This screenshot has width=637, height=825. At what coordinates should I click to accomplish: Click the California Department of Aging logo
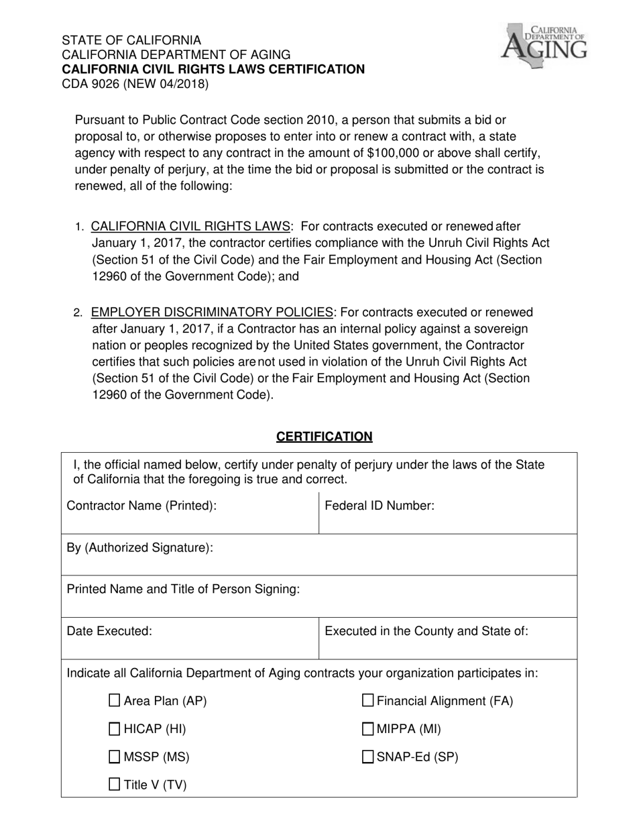[544, 44]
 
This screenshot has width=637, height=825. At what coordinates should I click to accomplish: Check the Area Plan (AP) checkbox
[115, 701]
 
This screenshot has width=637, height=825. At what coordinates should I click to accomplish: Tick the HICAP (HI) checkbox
[115, 729]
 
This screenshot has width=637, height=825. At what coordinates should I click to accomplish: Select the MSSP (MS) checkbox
[115, 757]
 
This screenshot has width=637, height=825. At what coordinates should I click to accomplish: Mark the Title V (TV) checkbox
[115, 784]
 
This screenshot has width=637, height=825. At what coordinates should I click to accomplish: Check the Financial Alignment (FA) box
[368, 701]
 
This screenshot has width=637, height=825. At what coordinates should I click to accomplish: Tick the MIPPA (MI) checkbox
[368, 729]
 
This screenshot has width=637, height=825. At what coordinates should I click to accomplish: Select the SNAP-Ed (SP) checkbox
[368, 757]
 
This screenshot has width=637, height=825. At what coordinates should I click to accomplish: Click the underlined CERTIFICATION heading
[324, 437]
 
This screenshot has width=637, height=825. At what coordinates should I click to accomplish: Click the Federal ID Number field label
[380, 506]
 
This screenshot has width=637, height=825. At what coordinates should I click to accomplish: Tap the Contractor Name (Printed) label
[141, 506]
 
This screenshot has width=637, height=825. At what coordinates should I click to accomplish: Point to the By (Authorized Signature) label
[139, 547]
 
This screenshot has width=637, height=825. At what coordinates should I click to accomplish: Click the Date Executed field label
[109, 630]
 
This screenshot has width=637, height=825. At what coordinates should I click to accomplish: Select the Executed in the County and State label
[426, 630]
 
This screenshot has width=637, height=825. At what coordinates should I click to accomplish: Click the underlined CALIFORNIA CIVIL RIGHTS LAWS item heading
[191, 227]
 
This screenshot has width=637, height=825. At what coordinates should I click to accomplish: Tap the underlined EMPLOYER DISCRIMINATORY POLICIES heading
[212, 313]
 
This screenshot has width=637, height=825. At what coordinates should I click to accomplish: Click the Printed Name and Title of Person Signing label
[182, 589]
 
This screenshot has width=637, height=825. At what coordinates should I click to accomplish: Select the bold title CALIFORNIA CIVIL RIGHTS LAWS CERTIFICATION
[213, 69]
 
